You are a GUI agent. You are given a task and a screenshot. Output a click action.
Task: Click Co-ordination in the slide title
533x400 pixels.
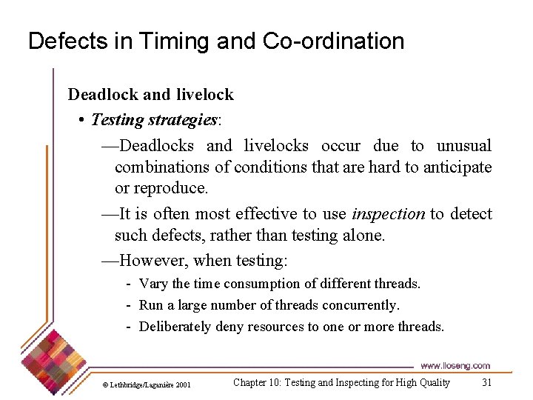[x=333, y=41]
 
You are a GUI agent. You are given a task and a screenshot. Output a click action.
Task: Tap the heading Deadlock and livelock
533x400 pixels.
[x=150, y=94]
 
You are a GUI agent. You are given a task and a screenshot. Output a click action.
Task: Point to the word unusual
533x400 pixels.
[x=463, y=146]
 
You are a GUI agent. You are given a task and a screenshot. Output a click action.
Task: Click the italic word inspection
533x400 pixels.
[x=388, y=214]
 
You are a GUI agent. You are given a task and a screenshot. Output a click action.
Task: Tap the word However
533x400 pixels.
[x=152, y=260]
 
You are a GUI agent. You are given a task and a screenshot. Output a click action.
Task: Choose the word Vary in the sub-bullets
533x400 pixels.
[x=153, y=284]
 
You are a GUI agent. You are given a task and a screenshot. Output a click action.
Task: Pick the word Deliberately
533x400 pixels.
[x=175, y=327]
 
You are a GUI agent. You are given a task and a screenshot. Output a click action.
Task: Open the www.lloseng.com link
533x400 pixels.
[x=455, y=366]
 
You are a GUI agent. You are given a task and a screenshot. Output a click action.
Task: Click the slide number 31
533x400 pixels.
[x=486, y=382]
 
